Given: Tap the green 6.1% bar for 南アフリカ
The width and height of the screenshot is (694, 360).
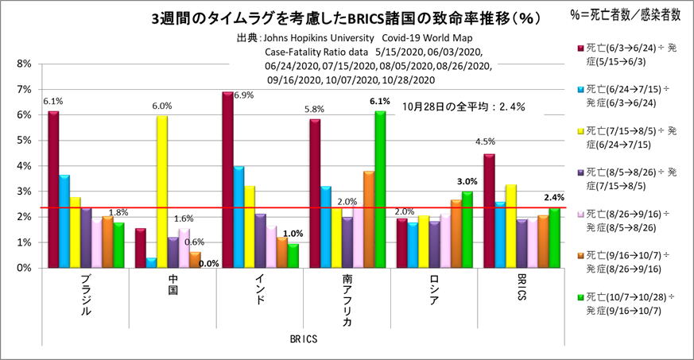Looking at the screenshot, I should pyautogui.click(x=380, y=190).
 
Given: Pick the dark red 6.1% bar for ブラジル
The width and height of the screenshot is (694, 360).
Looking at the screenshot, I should pyautogui.click(x=53, y=190).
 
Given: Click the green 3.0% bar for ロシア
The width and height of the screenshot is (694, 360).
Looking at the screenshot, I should pyautogui.click(x=467, y=230).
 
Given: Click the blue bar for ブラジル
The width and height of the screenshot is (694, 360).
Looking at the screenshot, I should pyautogui.click(x=64, y=222).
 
